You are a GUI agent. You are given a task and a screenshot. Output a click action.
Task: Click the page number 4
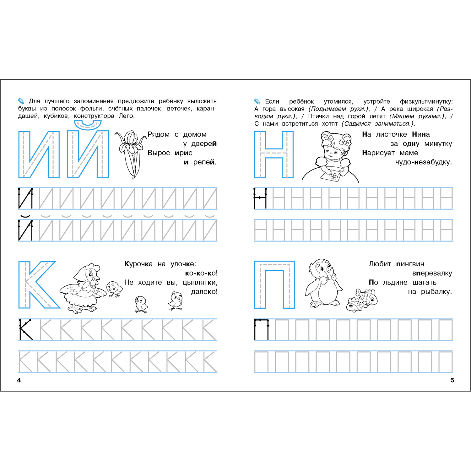click(19, 380)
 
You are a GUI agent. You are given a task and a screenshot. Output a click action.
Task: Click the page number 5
click(452, 380)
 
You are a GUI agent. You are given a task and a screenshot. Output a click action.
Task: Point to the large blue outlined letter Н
click(273, 154)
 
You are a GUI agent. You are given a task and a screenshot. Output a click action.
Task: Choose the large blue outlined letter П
click(274, 284)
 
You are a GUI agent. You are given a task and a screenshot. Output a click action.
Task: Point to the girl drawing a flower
click(331, 157)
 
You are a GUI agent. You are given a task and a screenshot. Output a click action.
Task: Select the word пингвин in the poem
click(410, 264)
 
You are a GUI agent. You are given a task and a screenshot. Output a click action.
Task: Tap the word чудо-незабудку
click(424, 162)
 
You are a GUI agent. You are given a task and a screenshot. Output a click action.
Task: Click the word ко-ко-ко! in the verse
click(201, 273)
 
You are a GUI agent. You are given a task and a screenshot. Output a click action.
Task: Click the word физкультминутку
click(426, 102)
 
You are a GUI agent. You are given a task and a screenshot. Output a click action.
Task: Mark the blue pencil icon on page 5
click(257, 101)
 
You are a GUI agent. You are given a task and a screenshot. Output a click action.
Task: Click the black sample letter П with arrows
click(262, 329)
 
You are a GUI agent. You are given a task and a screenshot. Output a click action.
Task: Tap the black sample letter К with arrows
click(26, 329)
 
